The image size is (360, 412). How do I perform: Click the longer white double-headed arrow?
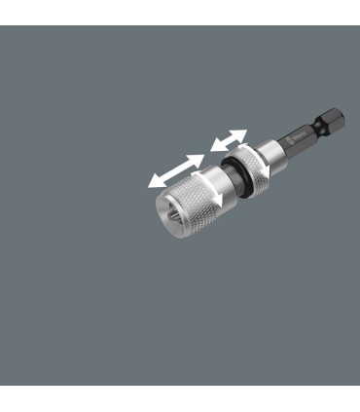pos(176,169)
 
